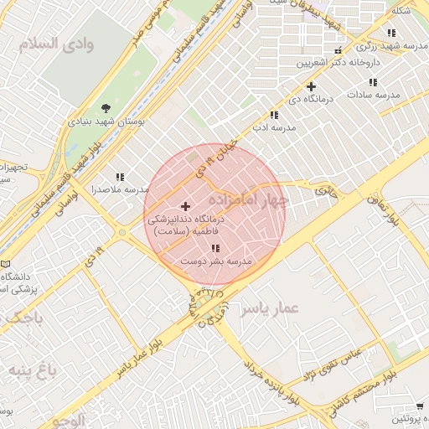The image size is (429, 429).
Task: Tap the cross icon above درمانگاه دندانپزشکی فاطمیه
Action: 185,205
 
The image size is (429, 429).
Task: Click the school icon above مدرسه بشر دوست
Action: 216,249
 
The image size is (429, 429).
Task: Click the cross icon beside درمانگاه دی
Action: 311,86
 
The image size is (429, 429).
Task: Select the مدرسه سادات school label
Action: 372,95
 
